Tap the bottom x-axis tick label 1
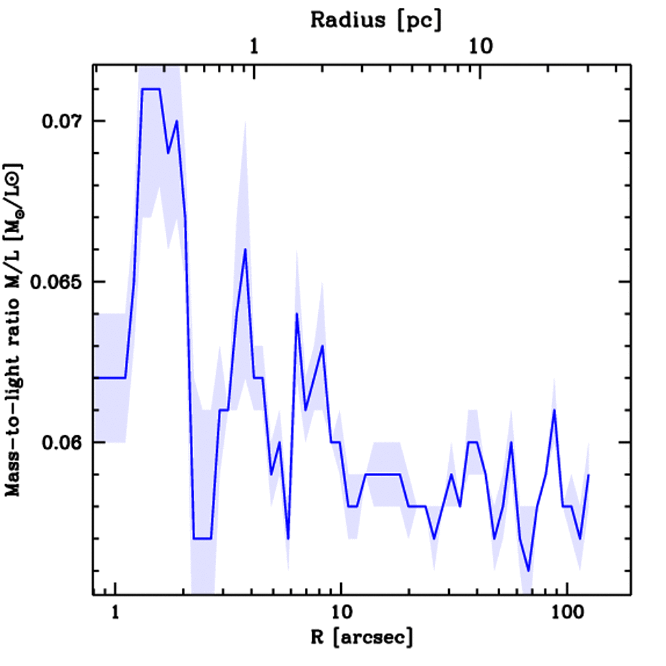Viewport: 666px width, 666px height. pos(115,613)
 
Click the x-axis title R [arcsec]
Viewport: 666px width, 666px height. pos(362,638)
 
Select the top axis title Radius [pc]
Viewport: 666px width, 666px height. pos(376,20)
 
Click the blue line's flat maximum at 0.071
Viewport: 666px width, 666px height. pos(150,89)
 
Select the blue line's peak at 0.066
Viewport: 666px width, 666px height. pos(245,250)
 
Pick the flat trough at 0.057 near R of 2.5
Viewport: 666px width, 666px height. pos(202,539)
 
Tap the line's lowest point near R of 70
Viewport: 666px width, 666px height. pos(529,570)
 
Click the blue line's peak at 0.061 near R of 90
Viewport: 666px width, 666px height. pos(554,410)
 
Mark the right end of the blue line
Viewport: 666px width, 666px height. pos(589,475)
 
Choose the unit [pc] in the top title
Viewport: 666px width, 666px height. pos(421,20)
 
